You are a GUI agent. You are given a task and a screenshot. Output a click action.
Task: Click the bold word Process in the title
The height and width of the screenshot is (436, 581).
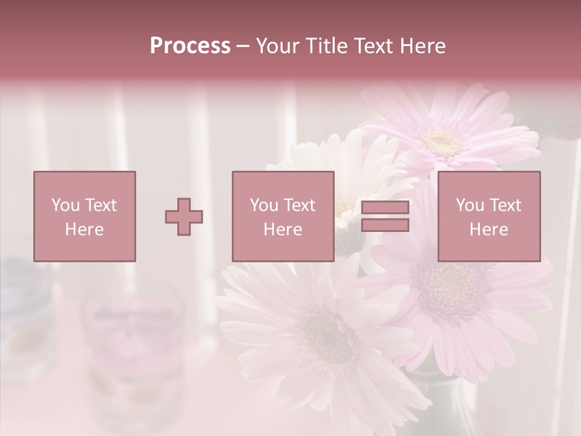[190, 46]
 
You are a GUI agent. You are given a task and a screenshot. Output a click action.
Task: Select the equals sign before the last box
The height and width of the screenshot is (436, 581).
[385, 216]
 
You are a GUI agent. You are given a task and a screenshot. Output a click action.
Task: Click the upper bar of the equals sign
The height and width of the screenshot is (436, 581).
[385, 208]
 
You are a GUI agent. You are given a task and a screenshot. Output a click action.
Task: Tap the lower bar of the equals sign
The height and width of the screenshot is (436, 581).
[385, 225]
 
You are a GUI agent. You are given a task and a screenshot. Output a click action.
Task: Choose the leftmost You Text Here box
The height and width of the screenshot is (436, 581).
[84, 216]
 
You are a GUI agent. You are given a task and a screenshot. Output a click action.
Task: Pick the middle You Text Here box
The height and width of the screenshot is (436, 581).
[283, 216]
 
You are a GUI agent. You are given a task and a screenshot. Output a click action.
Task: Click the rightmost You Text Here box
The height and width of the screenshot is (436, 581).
[488, 216]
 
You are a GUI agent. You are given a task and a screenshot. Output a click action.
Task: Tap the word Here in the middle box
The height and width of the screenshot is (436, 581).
[283, 230]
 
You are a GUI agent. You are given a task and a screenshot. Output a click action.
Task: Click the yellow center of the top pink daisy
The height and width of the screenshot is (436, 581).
[442, 140]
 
